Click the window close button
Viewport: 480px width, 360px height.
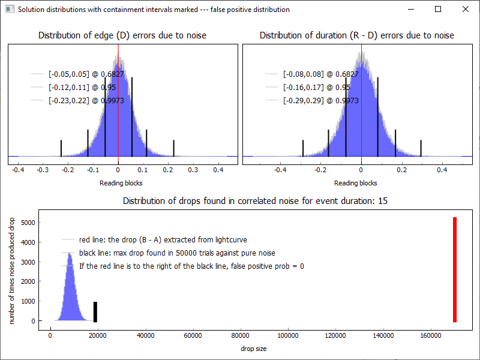click(x=466, y=9)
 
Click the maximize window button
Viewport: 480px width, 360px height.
click(x=438, y=9)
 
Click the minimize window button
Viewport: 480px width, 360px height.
click(x=410, y=9)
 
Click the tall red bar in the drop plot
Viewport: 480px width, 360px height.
click(x=455, y=269)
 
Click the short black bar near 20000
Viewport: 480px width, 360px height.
click(x=95, y=311)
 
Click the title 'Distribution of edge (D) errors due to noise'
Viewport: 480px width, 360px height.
click(x=122, y=35)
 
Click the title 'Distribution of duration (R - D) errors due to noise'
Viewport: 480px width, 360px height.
click(x=357, y=35)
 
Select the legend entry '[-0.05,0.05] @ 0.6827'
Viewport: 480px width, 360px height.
click(x=86, y=74)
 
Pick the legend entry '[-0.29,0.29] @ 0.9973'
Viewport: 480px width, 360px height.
click(x=320, y=101)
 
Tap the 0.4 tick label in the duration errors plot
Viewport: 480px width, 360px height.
click(x=442, y=170)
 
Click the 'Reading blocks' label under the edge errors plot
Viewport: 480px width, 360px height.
click(x=121, y=183)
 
